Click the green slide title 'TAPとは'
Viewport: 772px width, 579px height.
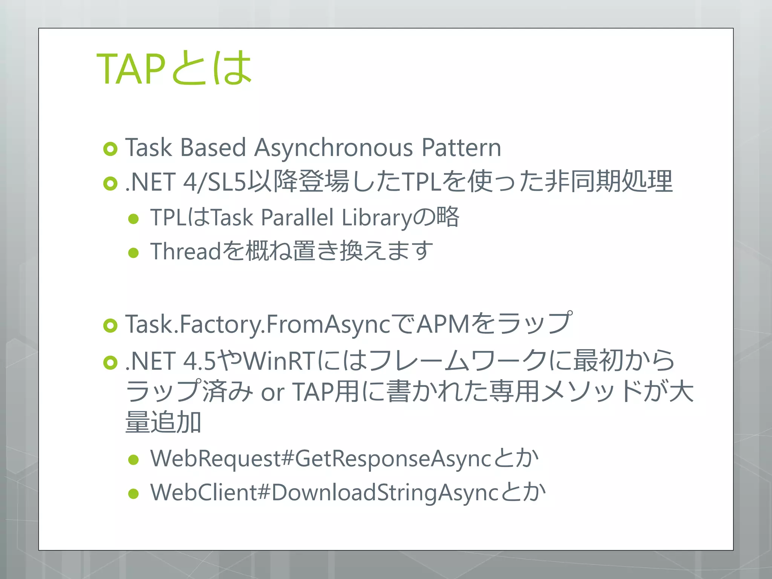(174, 69)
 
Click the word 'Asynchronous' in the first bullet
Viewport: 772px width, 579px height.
(334, 147)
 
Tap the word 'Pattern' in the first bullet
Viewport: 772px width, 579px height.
(461, 147)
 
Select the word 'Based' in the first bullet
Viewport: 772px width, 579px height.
(213, 147)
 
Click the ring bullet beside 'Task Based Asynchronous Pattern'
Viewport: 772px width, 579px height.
(110, 149)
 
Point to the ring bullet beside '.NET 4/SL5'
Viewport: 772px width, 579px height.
(110, 184)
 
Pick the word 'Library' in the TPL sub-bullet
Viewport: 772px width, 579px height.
(377, 218)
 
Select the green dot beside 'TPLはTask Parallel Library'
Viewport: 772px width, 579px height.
(133, 219)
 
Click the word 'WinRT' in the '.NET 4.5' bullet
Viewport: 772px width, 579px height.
(279, 361)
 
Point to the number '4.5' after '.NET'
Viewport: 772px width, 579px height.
(199, 361)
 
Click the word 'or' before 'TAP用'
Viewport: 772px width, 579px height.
(272, 392)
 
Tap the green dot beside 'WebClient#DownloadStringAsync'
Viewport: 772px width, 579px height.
(133, 494)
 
